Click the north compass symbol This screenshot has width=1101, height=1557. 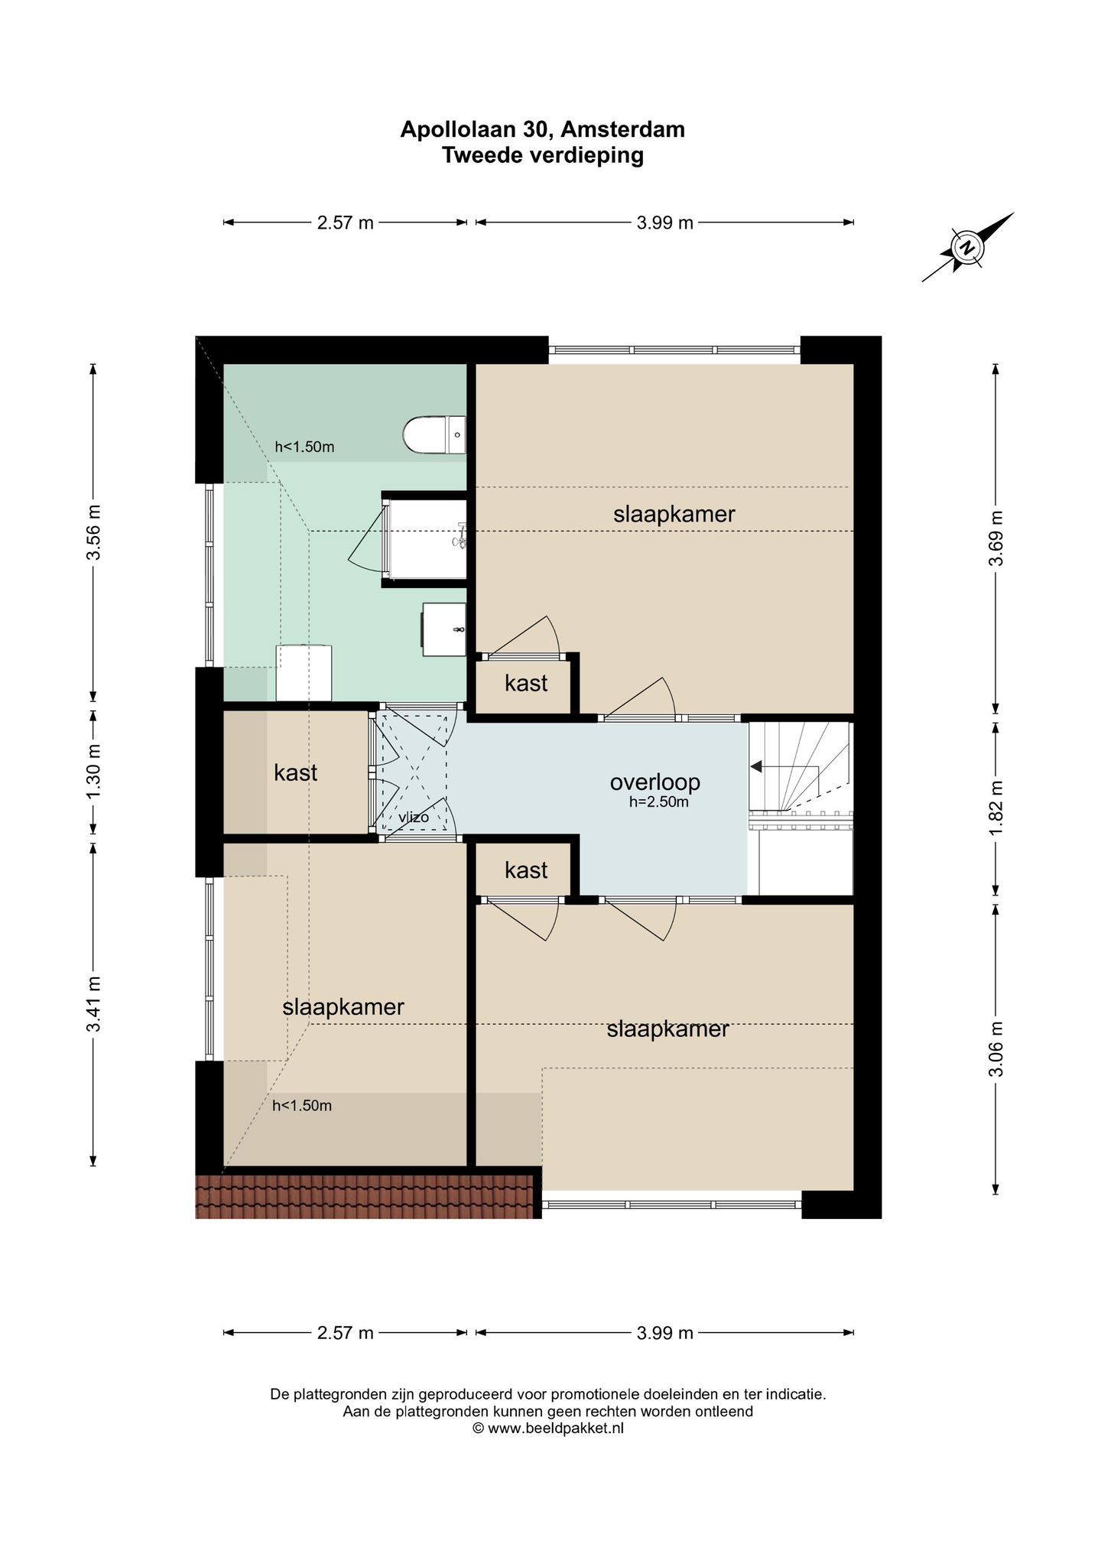[968, 247]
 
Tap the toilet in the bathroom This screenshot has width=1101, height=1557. [434, 434]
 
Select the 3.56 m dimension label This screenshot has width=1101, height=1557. [93, 532]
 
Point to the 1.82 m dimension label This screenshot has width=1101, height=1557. [995, 808]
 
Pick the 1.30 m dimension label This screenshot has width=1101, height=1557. [93, 772]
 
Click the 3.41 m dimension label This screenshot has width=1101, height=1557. [93, 1004]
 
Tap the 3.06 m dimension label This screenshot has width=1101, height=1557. [995, 1048]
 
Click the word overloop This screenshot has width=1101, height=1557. [654, 782]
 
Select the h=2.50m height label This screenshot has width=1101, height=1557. [659, 802]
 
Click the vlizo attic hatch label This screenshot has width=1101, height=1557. [413, 818]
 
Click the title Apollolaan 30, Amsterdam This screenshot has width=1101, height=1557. [543, 129]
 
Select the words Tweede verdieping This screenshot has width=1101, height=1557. [543, 155]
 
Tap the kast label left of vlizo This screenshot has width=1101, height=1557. [295, 772]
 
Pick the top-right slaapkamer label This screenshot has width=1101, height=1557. [674, 514]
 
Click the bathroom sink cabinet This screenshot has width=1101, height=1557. [444, 629]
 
